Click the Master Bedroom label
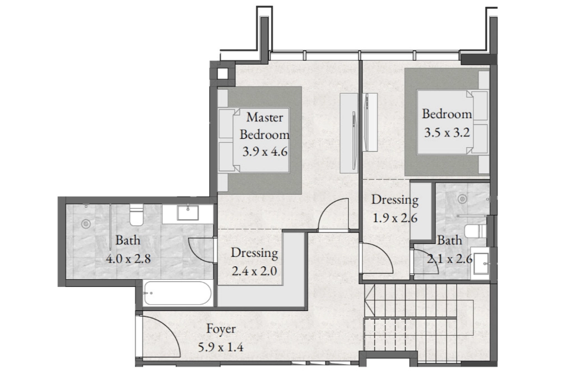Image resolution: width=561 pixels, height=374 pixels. (x=264, y=126)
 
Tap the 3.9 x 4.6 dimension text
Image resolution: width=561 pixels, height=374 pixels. (x=265, y=152)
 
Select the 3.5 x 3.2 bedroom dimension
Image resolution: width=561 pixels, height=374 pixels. (x=447, y=133)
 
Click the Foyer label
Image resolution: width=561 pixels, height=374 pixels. (x=220, y=329)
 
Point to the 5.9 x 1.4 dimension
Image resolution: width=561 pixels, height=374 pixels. (x=220, y=347)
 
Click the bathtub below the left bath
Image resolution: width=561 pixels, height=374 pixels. (x=177, y=293)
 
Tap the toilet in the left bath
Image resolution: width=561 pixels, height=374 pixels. (x=136, y=215)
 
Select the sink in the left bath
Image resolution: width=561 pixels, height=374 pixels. (x=188, y=212)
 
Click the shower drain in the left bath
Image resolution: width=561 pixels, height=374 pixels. (x=85, y=224)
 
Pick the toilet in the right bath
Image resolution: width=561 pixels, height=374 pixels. (x=476, y=231)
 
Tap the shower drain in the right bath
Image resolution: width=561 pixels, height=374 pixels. (x=463, y=198)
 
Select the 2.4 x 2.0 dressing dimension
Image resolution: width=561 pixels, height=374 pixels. (x=254, y=271)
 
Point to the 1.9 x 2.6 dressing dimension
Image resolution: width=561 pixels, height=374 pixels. (x=395, y=218)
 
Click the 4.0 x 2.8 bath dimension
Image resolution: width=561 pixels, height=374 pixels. (x=128, y=258)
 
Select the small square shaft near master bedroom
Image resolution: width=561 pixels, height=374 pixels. (x=223, y=74)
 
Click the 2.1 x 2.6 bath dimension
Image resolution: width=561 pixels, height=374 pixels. (x=450, y=258)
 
